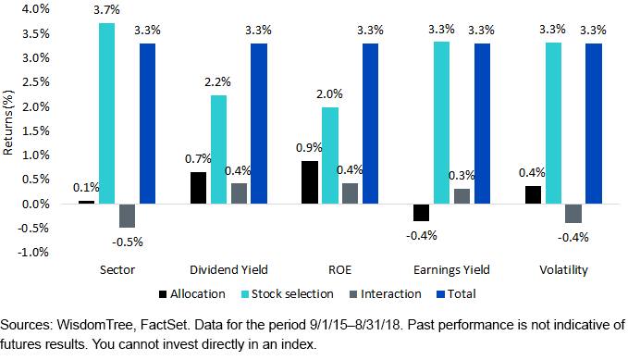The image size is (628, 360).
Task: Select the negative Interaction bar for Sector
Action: pos(127,215)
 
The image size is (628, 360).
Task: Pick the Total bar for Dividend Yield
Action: pos(258,123)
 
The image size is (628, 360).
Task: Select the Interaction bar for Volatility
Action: pos(573,213)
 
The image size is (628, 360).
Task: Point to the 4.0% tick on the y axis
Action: pos(34,9)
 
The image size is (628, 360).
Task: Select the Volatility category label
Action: pos(563,270)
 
